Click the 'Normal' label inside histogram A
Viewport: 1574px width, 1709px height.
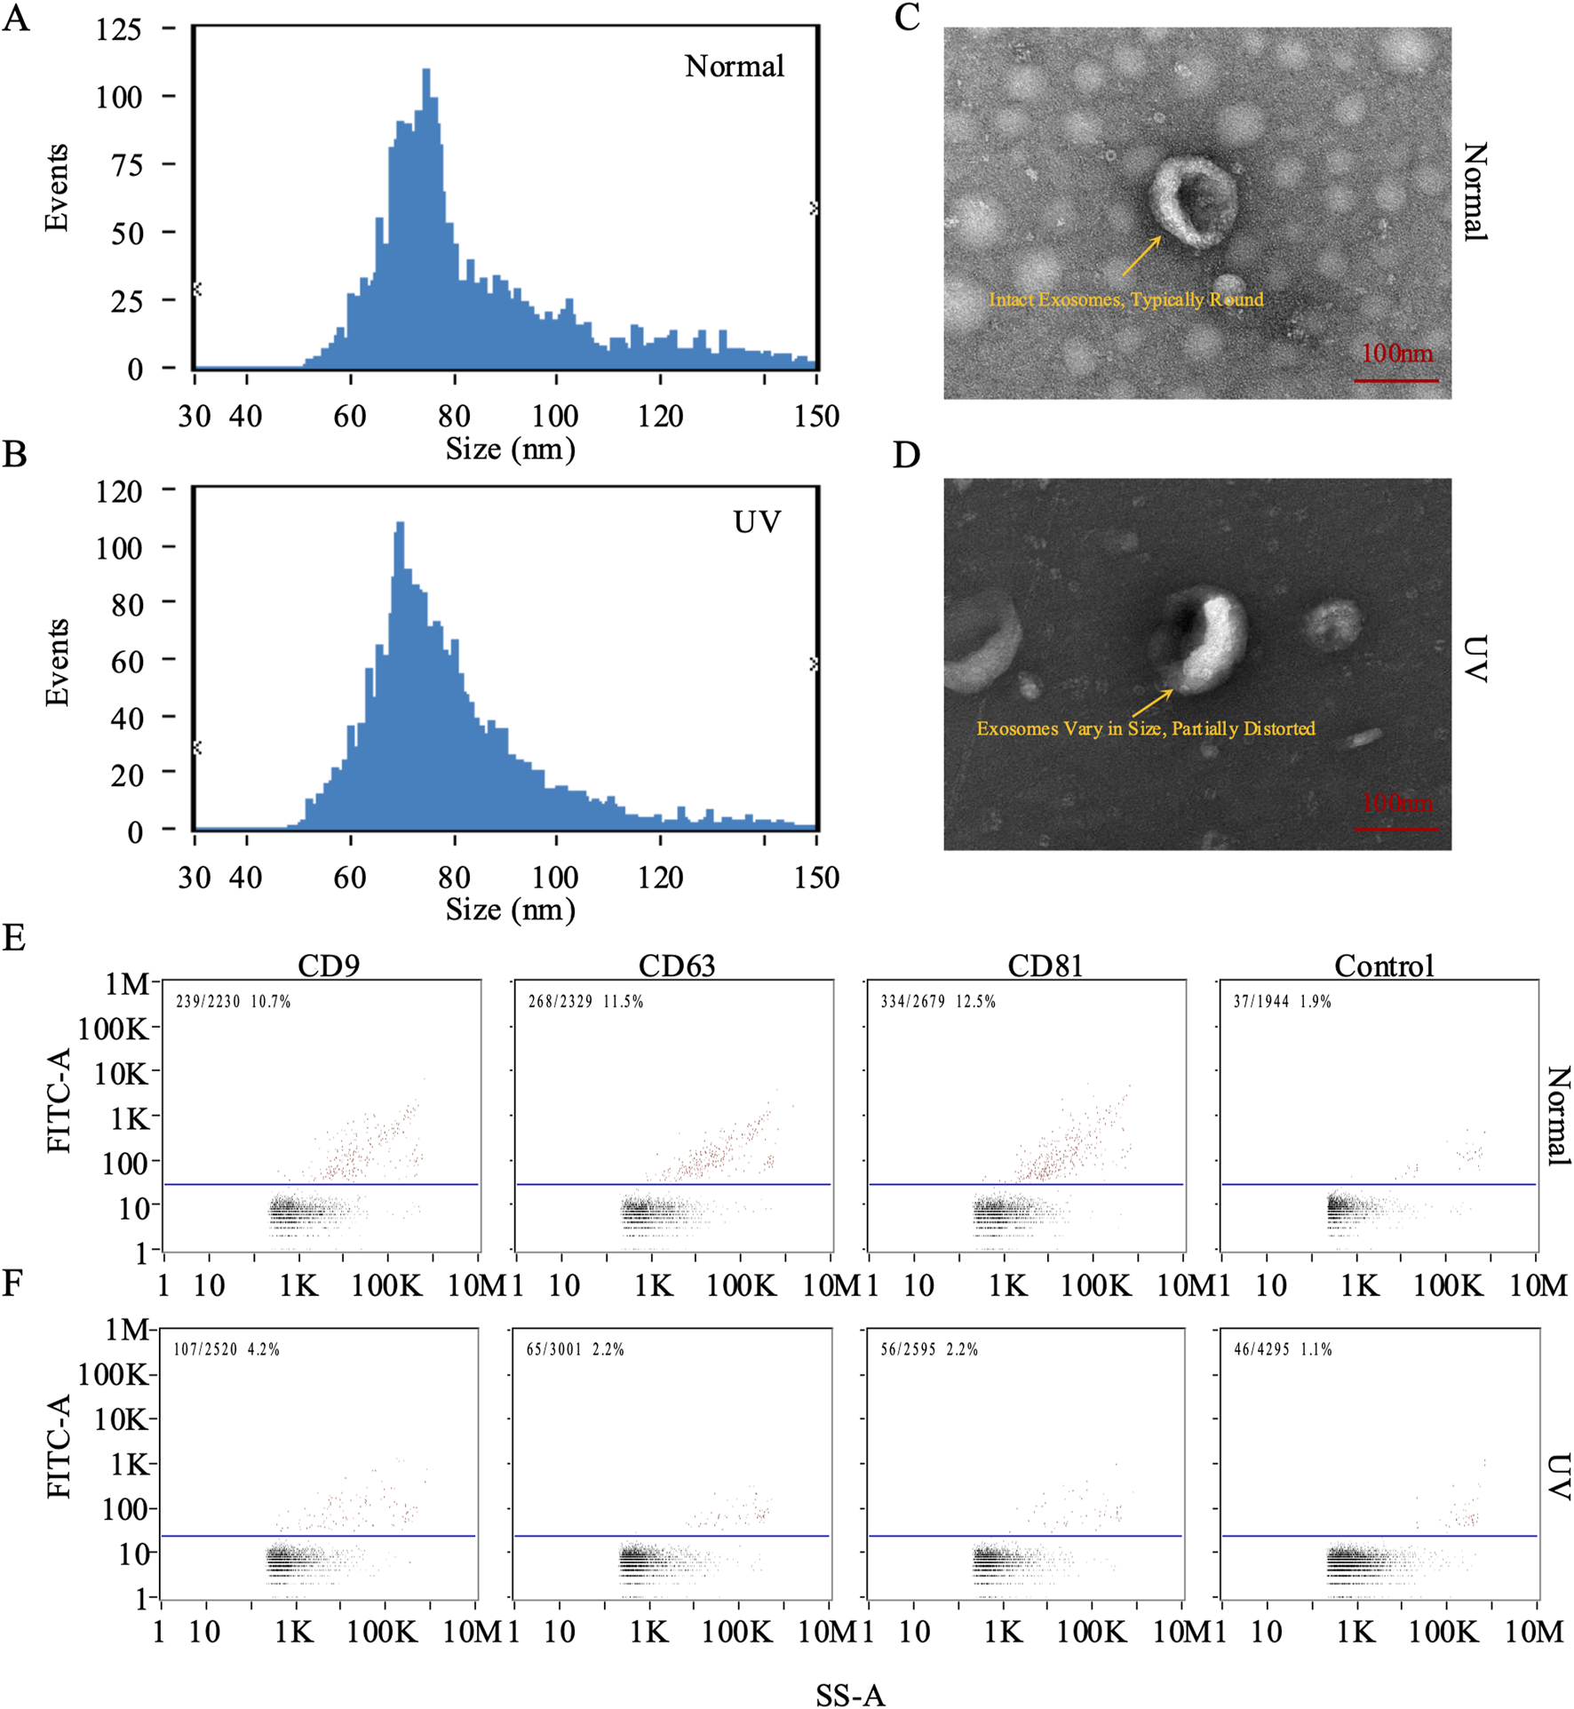click(x=734, y=67)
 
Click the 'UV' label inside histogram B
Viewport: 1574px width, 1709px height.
click(x=757, y=522)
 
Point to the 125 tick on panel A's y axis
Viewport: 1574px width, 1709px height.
click(x=119, y=29)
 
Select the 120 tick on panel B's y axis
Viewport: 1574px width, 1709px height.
click(x=119, y=490)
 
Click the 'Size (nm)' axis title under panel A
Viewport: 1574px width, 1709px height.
click(x=510, y=449)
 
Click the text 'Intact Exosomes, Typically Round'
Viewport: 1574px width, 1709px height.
click(x=1125, y=299)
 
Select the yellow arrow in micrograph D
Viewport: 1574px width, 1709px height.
click(x=1151, y=703)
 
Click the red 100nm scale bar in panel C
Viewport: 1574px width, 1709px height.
click(x=1395, y=380)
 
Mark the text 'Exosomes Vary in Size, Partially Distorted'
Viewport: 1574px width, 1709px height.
click(x=1145, y=728)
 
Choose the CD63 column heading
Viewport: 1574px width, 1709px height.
click(x=676, y=966)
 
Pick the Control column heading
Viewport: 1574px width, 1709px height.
click(x=1384, y=966)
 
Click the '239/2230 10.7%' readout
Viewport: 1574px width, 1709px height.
click(x=233, y=1002)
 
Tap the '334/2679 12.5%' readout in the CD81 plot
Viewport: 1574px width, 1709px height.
click(x=938, y=1002)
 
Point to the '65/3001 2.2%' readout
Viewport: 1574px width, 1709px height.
click(x=575, y=1349)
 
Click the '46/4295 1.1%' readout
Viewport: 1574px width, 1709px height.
click(x=1283, y=1349)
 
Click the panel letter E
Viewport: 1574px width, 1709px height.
click(x=13, y=938)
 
